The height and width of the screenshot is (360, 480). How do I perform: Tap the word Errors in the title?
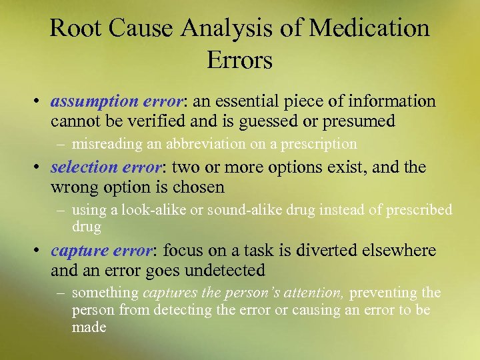click(x=239, y=61)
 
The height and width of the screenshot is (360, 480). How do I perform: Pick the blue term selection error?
click(x=107, y=167)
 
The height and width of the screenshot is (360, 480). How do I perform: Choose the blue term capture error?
click(x=101, y=251)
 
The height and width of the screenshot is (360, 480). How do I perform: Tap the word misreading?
click(x=105, y=144)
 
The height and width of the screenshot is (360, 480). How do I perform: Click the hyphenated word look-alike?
click(x=152, y=210)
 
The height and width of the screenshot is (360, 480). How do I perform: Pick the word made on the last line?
click(x=89, y=328)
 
